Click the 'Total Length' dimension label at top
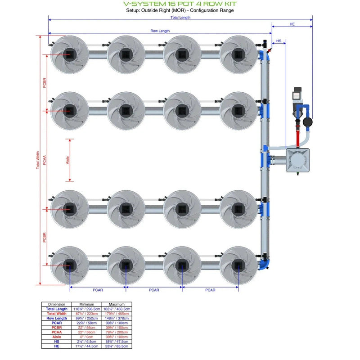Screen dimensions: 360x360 click(x=180, y=18)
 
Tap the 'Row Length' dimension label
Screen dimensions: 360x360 click(x=160, y=31)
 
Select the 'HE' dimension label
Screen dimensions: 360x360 click(x=292, y=24)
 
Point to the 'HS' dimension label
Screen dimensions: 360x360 click(x=279, y=41)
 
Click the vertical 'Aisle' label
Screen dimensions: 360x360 click(x=68, y=160)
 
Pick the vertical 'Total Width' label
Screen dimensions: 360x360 click(x=38, y=160)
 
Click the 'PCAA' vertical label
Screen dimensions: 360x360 click(x=45, y=160)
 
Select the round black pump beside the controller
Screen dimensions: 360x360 click(x=307, y=121)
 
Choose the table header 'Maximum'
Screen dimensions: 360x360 click(x=117, y=304)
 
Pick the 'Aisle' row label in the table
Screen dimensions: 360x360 click(x=57, y=337)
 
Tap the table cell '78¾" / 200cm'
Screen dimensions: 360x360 click(x=117, y=332)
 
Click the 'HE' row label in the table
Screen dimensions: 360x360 click(x=57, y=346)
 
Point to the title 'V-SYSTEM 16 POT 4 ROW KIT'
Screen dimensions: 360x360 click(x=180, y=4)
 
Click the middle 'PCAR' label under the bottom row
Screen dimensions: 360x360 click(x=154, y=290)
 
